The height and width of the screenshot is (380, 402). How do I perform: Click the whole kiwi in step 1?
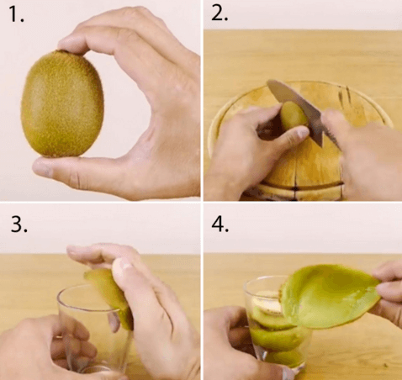pyautogui.click(x=61, y=103)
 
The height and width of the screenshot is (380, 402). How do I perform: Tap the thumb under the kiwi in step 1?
pyautogui.click(x=55, y=167)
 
